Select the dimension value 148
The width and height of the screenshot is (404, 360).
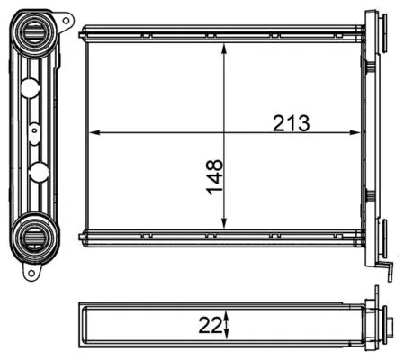click(x=213, y=176)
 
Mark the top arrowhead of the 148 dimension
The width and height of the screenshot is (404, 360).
click(x=224, y=46)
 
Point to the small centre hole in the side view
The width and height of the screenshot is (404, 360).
click(x=34, y=130)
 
